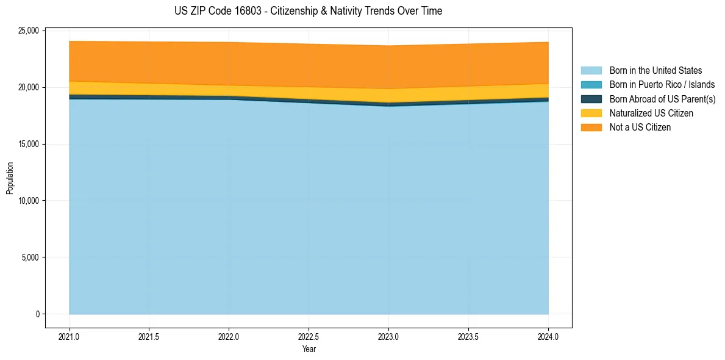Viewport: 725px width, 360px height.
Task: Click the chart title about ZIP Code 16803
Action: click(309, 11)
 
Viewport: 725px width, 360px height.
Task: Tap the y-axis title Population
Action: click(10, 178)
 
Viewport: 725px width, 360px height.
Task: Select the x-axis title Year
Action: click(309, 349)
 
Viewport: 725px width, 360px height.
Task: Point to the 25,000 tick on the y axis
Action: click(29, 31)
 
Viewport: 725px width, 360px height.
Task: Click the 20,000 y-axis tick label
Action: click(29, 87)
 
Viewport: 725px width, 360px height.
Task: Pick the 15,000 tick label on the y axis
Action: click(29, 144)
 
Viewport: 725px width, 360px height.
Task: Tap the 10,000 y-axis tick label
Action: click(29, 201)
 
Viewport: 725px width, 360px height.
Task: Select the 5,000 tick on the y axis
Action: click(30, 257)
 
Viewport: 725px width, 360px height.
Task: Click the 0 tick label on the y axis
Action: click(37, 314)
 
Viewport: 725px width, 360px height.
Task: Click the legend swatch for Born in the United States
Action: click(591, 71)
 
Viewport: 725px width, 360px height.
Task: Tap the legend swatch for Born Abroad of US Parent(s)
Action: click(591, 99)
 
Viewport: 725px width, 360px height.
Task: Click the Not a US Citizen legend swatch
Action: click(591, 128)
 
